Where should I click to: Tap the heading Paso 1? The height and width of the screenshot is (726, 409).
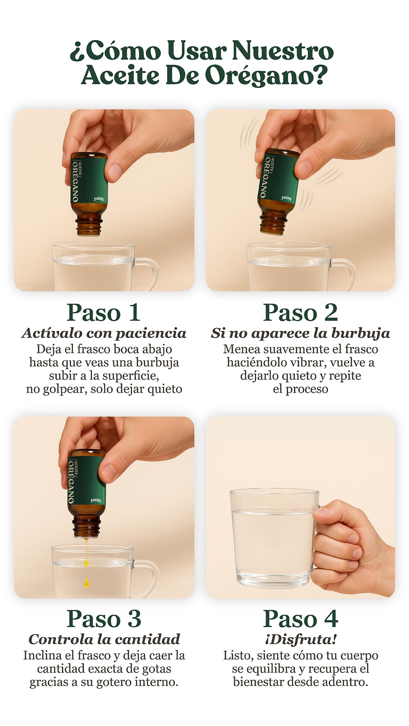point(104,312)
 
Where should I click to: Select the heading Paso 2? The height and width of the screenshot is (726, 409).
point(300,312)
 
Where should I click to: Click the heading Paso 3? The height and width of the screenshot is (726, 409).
point(104,619)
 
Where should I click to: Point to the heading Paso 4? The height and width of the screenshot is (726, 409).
point(300,619)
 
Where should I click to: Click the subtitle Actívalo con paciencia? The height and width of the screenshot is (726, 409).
point(104,333)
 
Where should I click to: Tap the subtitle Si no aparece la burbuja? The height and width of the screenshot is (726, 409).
point(300,333)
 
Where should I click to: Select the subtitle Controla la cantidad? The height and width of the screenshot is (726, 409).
point(104,639)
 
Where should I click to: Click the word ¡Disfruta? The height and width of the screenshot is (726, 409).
point(301,640)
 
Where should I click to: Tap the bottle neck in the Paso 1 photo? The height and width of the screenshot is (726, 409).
point(89,226)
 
